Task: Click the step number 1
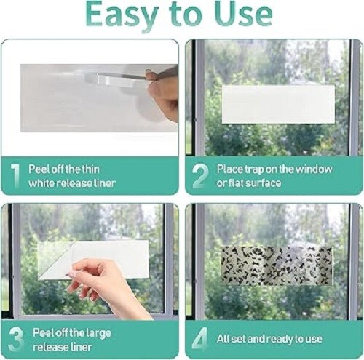click(x=14, y=175)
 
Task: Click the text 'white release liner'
click(x=72, y=183)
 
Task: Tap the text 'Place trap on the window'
click(x=274, y=169)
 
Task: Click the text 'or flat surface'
click(x=248, y=183)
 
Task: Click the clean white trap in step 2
click(x=277, y=103)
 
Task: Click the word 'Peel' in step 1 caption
click(x=40, y=169)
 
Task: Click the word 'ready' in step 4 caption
click(x=289, y=339)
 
